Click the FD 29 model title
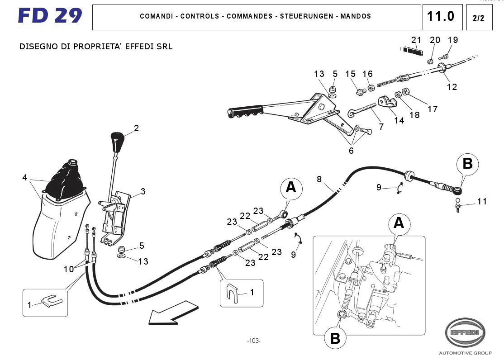click(50, 16)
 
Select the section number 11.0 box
click(442, 17)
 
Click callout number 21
click(416, 39)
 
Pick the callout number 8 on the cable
click(319, 179)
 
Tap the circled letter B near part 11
click(467, 163)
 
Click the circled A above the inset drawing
click(399, 223)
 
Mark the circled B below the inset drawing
click(335, 338)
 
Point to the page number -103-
click(254, 341)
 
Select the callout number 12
click(452, 87)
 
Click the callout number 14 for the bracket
click(399, 120)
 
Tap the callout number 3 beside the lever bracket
click(143, 191)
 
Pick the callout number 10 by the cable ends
click(68, 270)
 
